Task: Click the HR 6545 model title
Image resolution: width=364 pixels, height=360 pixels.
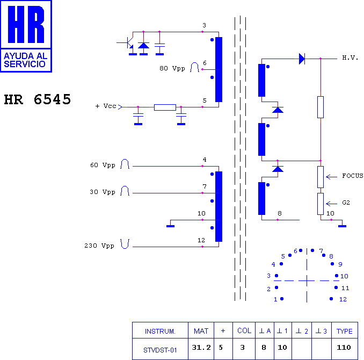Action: [x=38, y=99]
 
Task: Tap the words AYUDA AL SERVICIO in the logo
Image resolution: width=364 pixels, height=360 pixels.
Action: [x=26, y=60]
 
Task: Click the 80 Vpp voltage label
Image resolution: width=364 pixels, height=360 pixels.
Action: [x=172, y=68]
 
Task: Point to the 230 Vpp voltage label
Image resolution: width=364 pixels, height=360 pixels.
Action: [x=99, y=246]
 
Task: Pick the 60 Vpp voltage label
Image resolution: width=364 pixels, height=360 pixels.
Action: [x=103, y=165]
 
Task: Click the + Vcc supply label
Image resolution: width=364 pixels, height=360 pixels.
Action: [x=106, y=106]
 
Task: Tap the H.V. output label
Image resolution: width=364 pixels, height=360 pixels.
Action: [x=350, y=57]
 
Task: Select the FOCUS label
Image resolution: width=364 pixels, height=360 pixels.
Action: [x=353, y=176]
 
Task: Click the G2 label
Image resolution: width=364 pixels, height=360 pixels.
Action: [x=346, y=203]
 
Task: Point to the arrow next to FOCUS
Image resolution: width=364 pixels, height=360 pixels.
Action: [x=331, y=177]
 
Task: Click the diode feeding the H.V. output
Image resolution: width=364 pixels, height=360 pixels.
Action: [x=302, y=59]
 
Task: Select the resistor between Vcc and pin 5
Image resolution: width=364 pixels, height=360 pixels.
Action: [x=165, y=107]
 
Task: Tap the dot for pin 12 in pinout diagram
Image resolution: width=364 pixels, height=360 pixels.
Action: [x=331, y=299]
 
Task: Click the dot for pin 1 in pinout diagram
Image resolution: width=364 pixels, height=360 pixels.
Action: [x=282, y=299]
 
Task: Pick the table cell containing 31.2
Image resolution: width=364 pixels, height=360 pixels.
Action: [x=201, y=349]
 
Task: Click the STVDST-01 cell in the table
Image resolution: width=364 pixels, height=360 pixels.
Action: [x=160, y=349]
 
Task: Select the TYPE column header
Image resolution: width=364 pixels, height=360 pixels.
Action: [x=345, y=330]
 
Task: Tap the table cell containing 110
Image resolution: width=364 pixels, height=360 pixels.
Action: [x=345, y=349]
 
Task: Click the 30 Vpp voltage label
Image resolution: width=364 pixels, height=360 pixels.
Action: [x=103, y=192]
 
